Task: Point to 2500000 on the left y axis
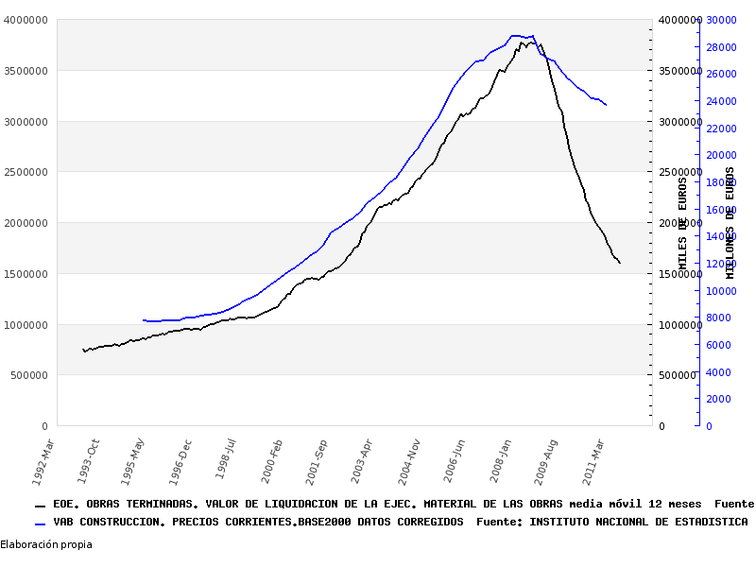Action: (x=26, y=172)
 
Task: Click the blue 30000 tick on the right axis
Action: (x=721, y=20)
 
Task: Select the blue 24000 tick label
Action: (x=721, y=101)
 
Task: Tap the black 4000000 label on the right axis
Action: (x=679, y=20)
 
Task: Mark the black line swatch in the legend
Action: (x=40, y=506)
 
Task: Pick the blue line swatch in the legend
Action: (x=40, y=523)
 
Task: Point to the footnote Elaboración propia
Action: (x=46, y=544)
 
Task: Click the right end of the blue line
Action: (x=606, y=104)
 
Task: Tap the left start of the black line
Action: (x=83, y=350)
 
